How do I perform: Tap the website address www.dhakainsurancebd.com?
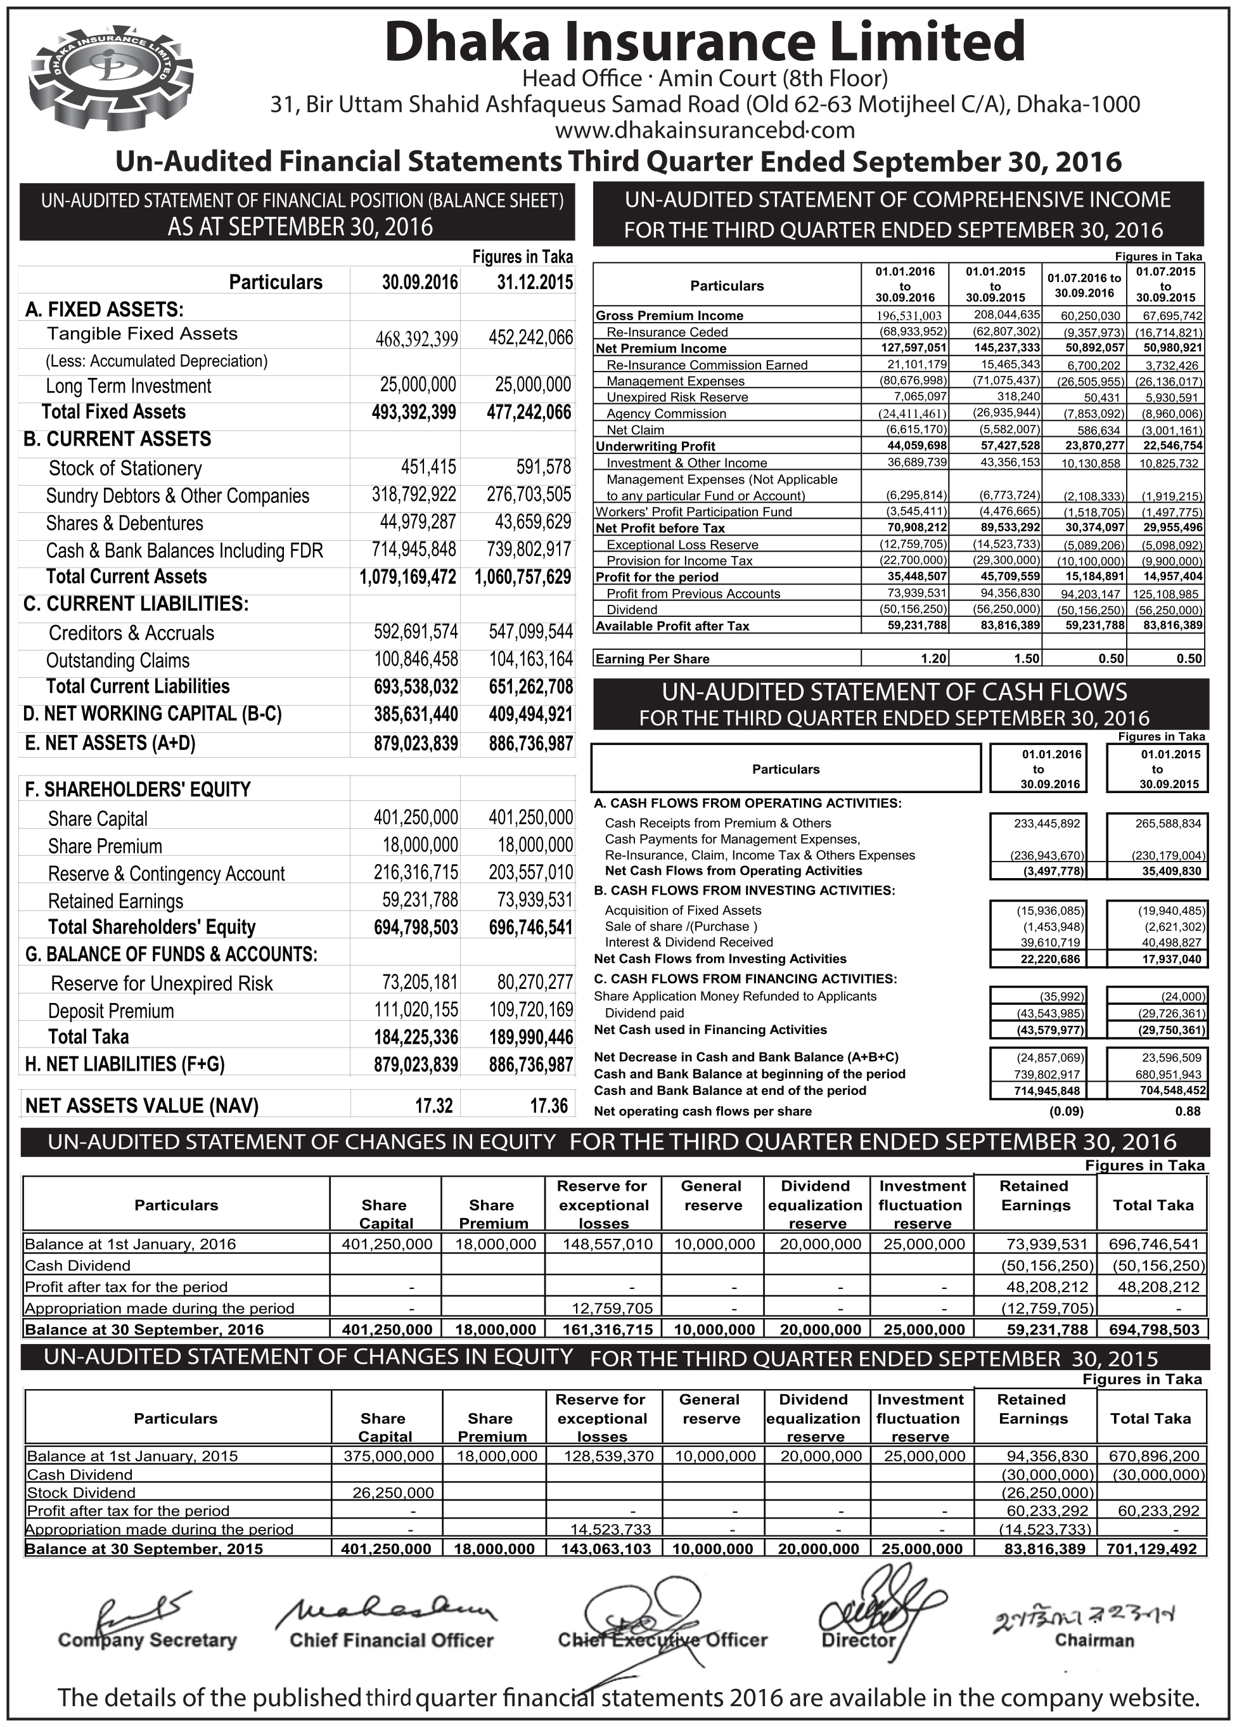[704, 130]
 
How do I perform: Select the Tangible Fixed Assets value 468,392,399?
[416, 338]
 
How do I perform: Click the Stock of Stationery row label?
[125, 469]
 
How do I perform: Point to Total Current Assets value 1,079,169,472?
[407, 576]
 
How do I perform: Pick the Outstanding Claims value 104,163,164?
[530, 659]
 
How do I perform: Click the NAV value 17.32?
[434, 1106]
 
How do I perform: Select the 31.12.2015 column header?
[534, 283]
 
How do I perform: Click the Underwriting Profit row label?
[655, 446]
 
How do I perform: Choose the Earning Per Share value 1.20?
[933, 659]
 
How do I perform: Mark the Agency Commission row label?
[666, 413]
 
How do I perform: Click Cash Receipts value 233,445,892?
[1047, 823]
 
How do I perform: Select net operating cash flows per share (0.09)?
[1066, 1111]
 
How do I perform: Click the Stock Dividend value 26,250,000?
[393, 1492]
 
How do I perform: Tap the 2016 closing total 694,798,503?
[1153, 1329]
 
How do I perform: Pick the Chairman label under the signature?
[1094, 1640]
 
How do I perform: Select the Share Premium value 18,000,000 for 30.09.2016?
[420, 845]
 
